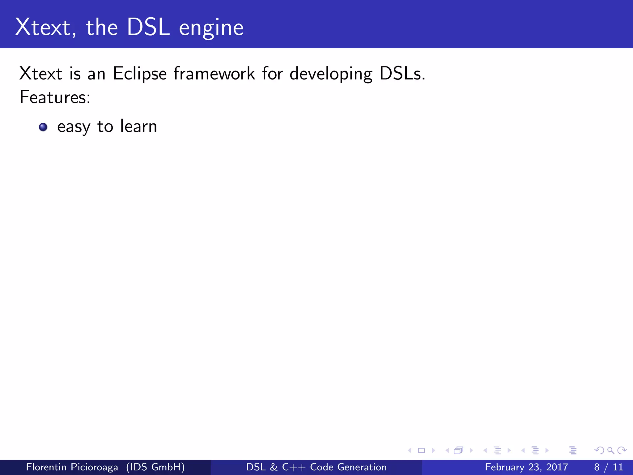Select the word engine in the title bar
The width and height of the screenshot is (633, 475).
[x=211, y=28]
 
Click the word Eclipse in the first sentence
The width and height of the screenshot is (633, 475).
[x=140, y=74]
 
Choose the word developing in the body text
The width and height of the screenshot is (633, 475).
[x=331, y=74]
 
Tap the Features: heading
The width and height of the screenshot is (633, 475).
[x=55, y=97]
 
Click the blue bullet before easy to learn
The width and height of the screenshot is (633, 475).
[x=43, y=127]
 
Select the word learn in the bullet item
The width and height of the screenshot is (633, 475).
[x=138, y=126]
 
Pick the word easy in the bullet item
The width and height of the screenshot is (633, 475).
[x=74, y=127]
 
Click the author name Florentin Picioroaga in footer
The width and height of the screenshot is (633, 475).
[x=72, y=467]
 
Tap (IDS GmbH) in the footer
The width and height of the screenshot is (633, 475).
[x=155, y=467]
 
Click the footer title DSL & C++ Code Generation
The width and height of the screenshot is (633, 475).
[x=316, y=467]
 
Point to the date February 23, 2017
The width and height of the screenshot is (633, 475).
[x=526, y=467]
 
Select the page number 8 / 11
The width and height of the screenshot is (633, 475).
[x=608, y=467]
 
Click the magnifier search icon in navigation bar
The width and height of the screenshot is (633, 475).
[x=610, y=451]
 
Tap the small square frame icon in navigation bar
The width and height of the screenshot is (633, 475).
[x=421, y=451]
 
